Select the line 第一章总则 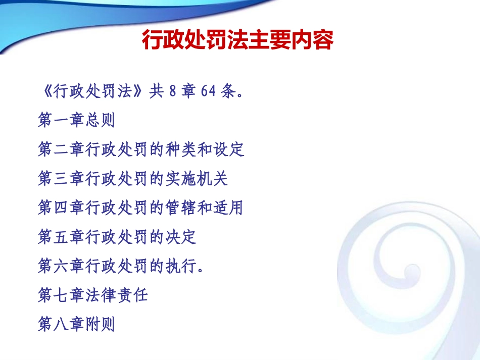coord(76,120)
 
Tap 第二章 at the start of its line coord(61,149)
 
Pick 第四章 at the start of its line coord(61,208)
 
